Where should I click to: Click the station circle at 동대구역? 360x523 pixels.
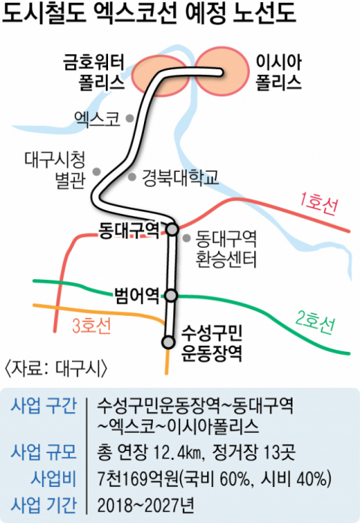click(172, 230)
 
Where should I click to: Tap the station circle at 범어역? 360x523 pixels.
click(171, 296)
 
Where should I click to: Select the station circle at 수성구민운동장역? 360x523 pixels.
click(168, 342)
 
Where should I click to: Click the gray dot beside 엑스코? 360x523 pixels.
click(130, 118)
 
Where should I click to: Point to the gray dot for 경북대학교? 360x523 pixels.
click(132, 177)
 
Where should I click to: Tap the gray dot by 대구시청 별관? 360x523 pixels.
click(97, 172)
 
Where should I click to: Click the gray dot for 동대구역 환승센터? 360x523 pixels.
click(187, 238)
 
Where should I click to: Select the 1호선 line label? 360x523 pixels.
click(319, 203)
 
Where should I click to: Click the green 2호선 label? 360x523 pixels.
click(315, 321)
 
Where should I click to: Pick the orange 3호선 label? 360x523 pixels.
click(91, 326)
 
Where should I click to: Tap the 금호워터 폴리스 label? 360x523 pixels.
click(94, 72)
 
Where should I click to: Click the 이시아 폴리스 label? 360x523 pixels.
click(279, 72)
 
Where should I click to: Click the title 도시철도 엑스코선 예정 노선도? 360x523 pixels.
click(149, 14)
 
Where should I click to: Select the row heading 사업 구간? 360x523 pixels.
click(43, 406)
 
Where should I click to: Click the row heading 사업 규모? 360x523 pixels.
click(43, 452)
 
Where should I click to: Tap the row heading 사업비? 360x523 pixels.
click(54, 479)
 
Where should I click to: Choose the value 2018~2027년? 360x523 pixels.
click(145, 505)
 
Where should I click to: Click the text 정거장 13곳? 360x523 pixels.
click(253, 452)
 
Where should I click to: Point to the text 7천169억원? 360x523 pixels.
click(138, 479)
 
